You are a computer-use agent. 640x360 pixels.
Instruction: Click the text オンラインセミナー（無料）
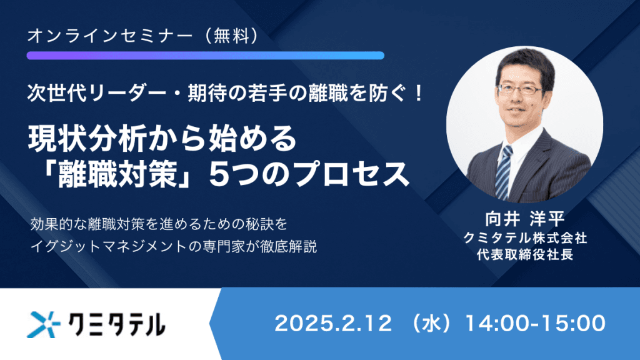tap(143, 36)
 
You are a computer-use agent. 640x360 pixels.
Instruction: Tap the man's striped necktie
tap(504, 169)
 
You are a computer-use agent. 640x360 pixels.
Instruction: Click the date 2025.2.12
tap(333, 323)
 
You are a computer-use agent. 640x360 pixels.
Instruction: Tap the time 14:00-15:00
tap(535, 323)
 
